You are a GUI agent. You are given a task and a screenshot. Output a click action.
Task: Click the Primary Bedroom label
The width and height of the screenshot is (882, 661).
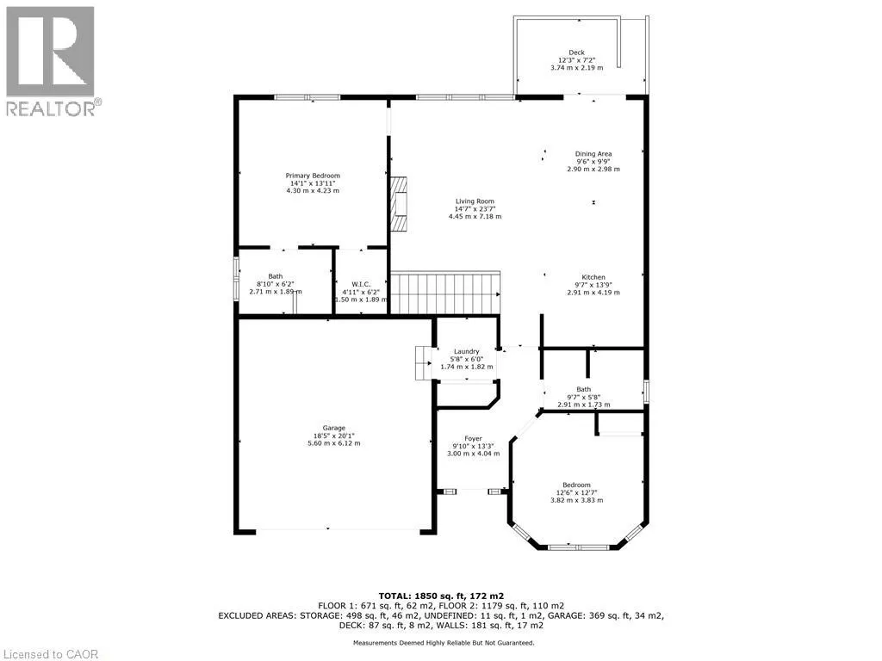coord(313,176)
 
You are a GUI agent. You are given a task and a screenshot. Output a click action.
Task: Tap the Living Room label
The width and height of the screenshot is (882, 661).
coord(475,201)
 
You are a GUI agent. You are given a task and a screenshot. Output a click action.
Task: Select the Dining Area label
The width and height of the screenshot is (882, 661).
coord(593,154)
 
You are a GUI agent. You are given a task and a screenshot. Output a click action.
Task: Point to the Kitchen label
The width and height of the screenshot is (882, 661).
coord(593,277)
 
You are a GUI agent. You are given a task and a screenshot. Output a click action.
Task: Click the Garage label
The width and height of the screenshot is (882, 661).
coord(334,429)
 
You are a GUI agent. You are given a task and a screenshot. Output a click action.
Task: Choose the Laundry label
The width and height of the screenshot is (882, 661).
coord(467,351)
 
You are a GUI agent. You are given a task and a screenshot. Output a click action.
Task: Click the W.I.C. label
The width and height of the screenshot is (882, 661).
coord(361,284)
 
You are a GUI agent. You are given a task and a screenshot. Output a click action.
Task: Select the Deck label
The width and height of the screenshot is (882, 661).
coord(576,53)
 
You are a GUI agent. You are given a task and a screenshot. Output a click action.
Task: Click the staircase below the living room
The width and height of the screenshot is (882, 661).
coord(445,293)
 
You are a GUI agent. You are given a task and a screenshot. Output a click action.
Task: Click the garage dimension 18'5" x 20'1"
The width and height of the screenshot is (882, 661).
coord(334,436)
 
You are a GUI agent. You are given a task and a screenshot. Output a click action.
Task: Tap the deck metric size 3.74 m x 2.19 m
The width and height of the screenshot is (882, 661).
coord(576,68)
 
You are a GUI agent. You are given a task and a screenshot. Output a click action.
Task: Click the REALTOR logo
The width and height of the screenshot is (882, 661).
coord(51,60)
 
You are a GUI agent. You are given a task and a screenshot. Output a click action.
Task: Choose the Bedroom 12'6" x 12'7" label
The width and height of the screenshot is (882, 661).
coord(576,485)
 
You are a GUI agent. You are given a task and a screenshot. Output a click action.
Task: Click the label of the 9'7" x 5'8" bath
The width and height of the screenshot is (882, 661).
coord(583,389)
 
